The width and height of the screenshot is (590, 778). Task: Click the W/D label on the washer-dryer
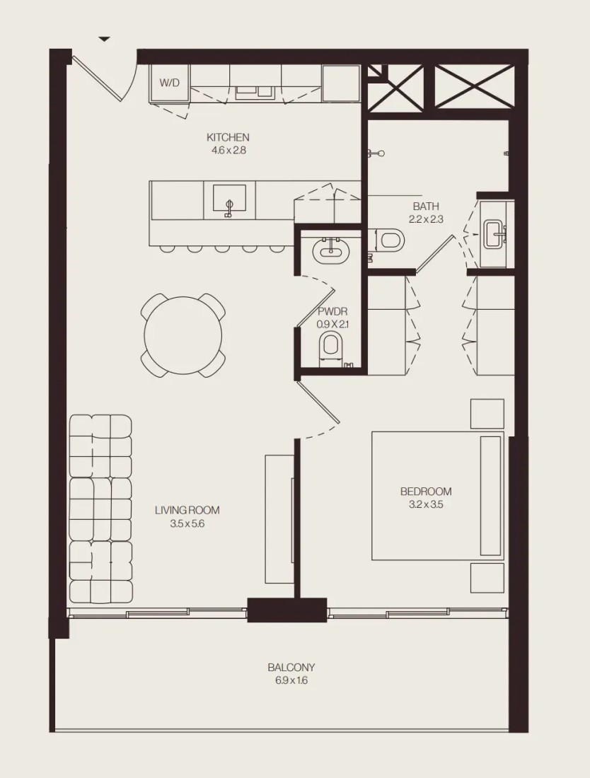click(169, 83)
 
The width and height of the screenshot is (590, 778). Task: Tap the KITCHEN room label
click(228, 137)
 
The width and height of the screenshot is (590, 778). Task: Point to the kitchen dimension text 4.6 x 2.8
click(229, 150)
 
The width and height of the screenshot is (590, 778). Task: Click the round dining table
click(183, 335)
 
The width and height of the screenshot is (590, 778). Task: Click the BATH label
click(426, 207)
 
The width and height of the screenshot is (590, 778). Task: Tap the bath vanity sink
click(495, 234)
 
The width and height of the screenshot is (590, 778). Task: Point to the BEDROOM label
click(426, 492)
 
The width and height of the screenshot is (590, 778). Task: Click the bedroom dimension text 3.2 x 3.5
click(426, 504)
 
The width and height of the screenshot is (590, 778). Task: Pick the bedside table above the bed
click(487, 413)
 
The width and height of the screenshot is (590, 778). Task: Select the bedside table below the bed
click(487, 578)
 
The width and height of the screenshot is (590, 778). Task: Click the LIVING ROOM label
click(187, 510)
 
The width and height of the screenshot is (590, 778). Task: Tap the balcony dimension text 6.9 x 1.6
click(291, 680)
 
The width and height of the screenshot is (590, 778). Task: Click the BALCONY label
click(291, 668)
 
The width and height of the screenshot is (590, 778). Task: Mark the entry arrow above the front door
click(104, 39)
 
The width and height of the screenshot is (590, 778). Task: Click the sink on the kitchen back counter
click(255, 91)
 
